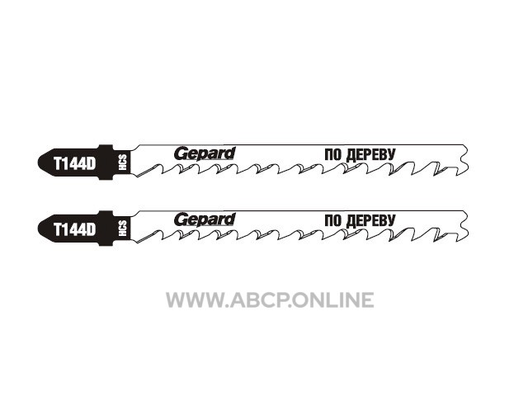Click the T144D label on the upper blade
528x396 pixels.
coord(75,164)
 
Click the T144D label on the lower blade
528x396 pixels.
coord(75,230)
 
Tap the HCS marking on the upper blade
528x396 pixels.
coord(122,163)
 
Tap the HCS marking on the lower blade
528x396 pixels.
coord(122,229)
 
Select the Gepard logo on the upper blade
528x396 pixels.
coord(205,154)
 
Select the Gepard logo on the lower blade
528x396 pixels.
coord(205,220)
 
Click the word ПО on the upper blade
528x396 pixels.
coord(333,155)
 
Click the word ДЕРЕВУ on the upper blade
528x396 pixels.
coord(370,155)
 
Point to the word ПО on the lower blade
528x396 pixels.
coord(333,221)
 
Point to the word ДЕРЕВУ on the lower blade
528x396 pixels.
coord(370,221)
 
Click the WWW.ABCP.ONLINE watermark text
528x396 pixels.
coord(270,300)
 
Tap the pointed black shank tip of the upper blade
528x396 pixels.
coord(39,163)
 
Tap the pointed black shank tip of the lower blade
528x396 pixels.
coord(39,229)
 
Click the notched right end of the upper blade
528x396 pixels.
coord(464,160)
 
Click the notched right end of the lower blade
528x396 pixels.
coord(464,226)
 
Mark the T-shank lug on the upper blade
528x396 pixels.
coord(106,163)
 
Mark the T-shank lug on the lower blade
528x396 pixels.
coord(106,229)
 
